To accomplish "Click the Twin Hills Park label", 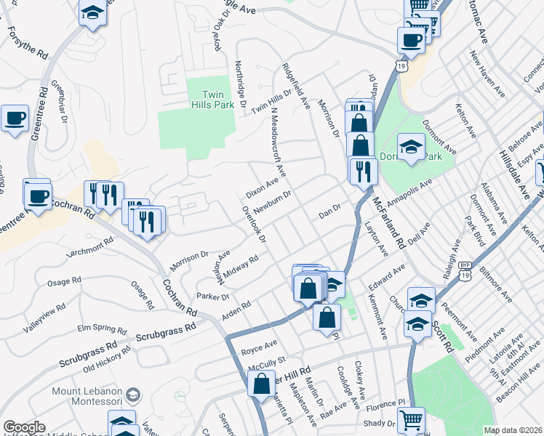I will click(212, 100).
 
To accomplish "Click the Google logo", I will click(24, 427).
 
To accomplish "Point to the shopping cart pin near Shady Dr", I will click(412, 419).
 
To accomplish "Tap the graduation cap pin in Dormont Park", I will click(411, 148).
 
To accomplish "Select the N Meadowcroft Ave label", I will click(279, 145).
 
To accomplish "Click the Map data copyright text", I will click(513, 430).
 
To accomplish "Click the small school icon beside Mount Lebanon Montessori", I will click(133, 395).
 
